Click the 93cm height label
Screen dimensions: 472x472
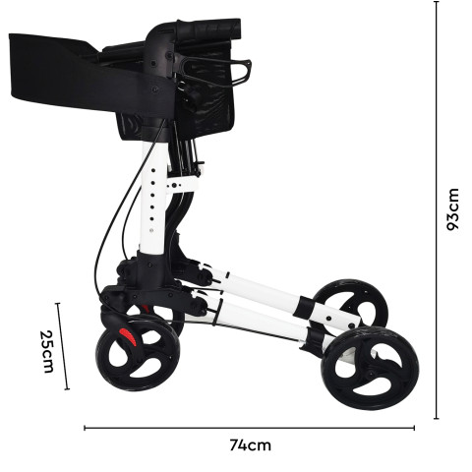tap(453, 209)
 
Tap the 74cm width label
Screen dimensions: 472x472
tap(250, 445)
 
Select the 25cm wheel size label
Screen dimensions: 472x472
tap(46, 351)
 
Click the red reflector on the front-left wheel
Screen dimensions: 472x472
tap(128, 336)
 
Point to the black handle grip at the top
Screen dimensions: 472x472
tap(209, 28)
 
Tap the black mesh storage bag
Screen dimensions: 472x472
tap(206, 95)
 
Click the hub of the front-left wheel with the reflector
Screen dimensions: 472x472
tap(137, 354)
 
